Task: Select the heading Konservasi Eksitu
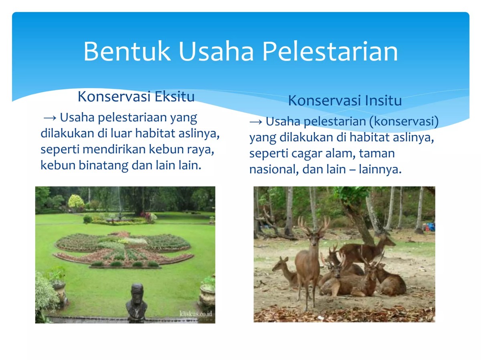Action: (136, 97)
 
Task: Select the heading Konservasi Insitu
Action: (345, 101)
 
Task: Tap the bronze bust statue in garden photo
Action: (136, 301)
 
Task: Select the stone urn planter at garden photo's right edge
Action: (207, 294)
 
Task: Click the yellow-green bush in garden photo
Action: (76, 201)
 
